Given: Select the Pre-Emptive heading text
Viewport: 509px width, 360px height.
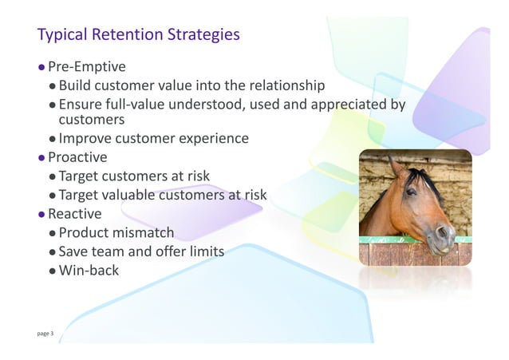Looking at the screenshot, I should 87,66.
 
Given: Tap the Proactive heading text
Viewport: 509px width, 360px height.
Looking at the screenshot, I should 77,157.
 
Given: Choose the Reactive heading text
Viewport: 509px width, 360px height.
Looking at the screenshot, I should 75,214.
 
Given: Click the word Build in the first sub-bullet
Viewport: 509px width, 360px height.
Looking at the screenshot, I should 77,85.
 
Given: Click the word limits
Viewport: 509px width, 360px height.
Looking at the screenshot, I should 203,251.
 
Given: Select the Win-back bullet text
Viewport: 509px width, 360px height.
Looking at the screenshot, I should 89,271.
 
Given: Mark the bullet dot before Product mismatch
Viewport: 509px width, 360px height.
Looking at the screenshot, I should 52,234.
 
